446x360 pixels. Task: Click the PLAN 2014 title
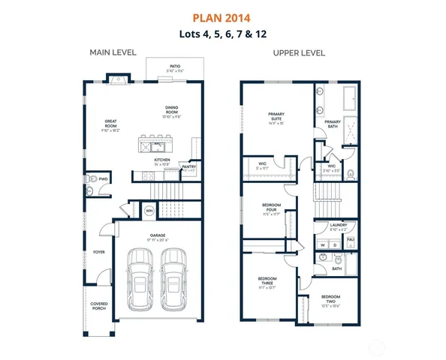[223, 16]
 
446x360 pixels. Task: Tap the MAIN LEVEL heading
[111, 52]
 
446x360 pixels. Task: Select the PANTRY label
[189, 167]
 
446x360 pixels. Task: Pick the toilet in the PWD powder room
[89, 180]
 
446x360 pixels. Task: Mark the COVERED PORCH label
[98, 307]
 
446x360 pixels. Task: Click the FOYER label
[98, 253]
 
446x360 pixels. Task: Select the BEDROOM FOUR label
[271, 209]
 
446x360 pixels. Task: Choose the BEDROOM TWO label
[331, 301]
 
